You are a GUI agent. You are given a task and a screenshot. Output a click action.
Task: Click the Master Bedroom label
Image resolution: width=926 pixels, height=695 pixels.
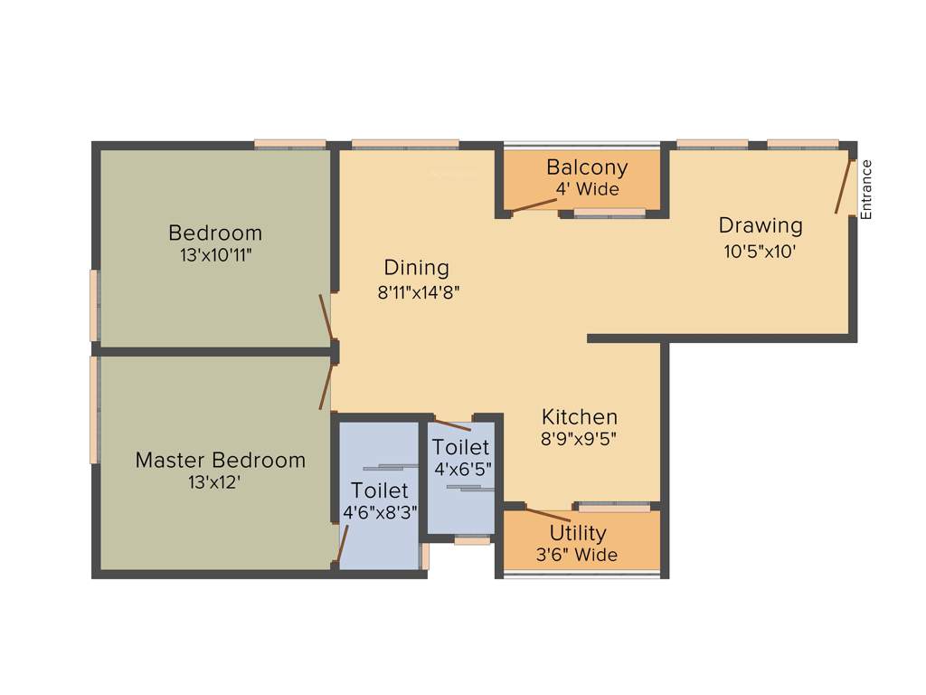point(220,460)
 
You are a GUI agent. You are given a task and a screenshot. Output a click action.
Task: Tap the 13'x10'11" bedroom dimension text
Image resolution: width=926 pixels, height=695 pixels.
point(215,255)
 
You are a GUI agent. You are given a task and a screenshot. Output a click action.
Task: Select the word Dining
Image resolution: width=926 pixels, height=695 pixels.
point(416,268)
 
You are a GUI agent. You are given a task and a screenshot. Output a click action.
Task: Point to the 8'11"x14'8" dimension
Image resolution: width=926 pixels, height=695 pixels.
point(420,292)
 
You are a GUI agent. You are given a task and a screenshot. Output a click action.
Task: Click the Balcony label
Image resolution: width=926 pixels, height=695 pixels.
point(587,167)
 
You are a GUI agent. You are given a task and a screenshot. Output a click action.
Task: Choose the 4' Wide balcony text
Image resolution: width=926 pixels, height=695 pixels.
point(587,190)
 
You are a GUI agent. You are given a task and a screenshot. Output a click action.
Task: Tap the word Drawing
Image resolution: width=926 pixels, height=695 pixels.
point(761,225)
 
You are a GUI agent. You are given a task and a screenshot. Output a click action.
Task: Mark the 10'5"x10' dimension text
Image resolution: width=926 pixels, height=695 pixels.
point(760,252)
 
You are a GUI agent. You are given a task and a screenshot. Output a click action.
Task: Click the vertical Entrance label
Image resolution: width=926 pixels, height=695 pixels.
point(866,190)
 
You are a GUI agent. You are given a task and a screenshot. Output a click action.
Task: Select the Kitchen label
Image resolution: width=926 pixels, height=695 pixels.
point(580,417)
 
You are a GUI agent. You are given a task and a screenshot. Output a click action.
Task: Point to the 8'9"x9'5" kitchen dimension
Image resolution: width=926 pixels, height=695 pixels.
point(580,441)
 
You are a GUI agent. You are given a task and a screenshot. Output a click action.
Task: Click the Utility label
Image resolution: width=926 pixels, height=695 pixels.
point(578,533)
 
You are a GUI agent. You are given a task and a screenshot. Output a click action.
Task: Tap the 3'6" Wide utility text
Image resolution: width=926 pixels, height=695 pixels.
point(578,554)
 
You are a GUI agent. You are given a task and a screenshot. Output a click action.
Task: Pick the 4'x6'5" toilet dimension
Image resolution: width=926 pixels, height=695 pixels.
point(461,470)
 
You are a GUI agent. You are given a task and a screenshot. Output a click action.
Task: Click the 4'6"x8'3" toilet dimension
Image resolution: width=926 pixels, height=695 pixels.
point(380,513)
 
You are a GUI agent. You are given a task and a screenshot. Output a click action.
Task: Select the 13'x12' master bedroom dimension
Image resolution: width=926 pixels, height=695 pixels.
point(214,483)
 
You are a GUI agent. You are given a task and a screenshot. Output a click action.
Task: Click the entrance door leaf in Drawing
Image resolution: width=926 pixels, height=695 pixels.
point(843,187)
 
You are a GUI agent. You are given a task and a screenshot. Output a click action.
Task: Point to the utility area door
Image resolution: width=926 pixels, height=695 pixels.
point(547,516)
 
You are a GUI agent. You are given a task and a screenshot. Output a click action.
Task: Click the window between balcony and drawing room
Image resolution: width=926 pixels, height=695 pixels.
point(610,214)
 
